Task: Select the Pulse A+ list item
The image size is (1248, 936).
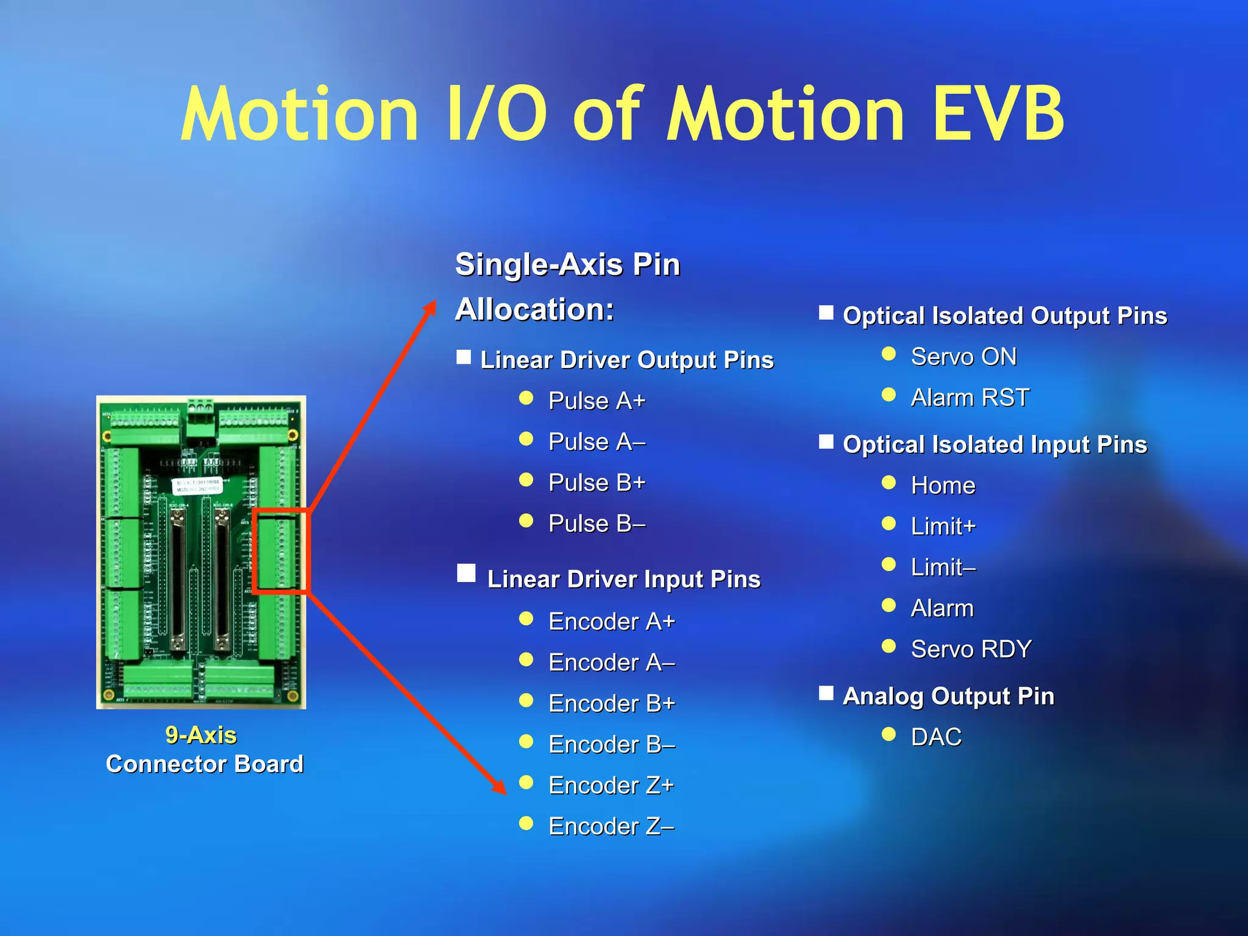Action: pyautogui.click(x=596, y=401)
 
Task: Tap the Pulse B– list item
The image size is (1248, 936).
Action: pyautogui.click(x=596, y=523)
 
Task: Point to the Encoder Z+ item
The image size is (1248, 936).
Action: pyautogui.click(x=611, y=785)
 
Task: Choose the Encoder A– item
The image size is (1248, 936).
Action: pyautogui.click(x=611, y=662)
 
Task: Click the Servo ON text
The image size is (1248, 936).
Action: pyautogui.click(x=963, y=356)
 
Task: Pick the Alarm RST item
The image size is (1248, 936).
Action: pyautogui.click(x=970, y=397)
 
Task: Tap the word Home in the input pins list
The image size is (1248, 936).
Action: pyautogui.click(x=943, y=486)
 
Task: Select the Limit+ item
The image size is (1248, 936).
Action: pyautogui.click(x=943, y=526)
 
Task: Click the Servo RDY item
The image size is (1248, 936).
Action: pyautogui.click(x=971, y=649)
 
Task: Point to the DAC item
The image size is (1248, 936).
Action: pyautogui.click(x=936, y=737)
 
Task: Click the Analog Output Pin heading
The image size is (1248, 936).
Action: pyautogui.click(x=948, y=696)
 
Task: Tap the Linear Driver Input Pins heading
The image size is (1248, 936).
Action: pyautogui.click(x=623, y=579)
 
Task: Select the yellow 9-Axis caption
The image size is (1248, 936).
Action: pyautogui.click(x=200, y=735)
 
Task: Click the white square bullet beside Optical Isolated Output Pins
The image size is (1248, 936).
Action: pyautogui.click(x=826, y=313)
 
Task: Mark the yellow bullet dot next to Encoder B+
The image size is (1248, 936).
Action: pyautogui.click(x=526, y=701)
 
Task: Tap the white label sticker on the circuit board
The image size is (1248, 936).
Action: pyautogui.click(x=196, y=485)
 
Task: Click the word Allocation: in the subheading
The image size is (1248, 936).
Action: pyautogui.click(x=534, y=310)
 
